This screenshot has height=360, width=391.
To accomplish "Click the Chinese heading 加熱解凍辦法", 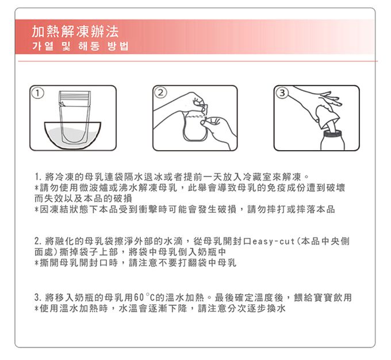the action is [x=75, y=32].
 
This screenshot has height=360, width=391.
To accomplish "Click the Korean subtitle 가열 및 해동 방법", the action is [x=80, y=46].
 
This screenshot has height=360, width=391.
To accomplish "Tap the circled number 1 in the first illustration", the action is [x=37, y=93].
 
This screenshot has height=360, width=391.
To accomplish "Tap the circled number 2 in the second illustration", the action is [x=161, y=93].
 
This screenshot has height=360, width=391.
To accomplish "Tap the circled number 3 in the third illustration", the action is [x=282, y=93].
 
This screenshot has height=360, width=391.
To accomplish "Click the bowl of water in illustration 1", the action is [x=72, y=135].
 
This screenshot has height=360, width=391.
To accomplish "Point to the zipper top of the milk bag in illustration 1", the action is [x=75, y=98].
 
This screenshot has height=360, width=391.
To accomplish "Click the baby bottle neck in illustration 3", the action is [x=333, y=134].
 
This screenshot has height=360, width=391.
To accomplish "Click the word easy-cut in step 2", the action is [x=274, y=242].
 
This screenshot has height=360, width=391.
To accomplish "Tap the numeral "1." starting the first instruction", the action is [x=38, y=177].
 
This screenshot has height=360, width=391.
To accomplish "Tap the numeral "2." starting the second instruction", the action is [x=38, y=242].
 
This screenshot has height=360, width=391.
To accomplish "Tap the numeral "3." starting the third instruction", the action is [x=38, y=297].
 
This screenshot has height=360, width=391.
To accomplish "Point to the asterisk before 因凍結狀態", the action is [x=37, y=209].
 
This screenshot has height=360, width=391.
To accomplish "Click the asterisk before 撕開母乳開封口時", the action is [x=37, y=263].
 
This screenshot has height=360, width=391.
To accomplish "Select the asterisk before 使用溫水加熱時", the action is [x=37, y=309].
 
